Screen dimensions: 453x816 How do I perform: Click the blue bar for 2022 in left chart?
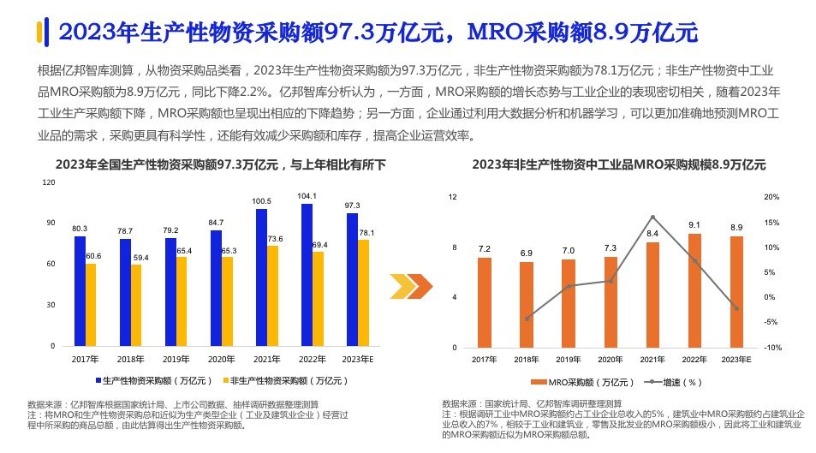307,274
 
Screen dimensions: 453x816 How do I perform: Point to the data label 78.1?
365,232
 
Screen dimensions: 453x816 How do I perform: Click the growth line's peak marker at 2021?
652,218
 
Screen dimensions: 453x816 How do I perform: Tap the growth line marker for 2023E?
736,308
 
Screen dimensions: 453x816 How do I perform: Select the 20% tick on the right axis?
770,197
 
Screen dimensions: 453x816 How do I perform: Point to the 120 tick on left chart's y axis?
48,182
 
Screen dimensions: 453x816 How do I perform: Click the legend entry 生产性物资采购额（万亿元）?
154,379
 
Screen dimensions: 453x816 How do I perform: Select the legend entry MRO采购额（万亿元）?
582,382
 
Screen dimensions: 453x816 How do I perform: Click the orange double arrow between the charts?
408,286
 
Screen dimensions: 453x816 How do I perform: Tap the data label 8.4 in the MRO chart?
652,234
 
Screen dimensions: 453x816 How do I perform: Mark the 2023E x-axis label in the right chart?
736,360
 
